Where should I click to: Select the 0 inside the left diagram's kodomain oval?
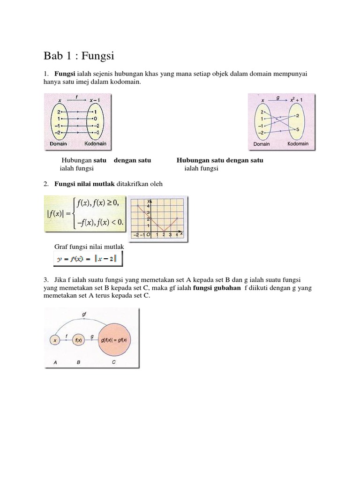click(x=96, y=119)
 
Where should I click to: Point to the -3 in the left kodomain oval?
click(x=96, y=133)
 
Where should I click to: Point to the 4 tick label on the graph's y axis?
click(x=148, y=206)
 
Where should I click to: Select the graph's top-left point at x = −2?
click(x=137, y=205)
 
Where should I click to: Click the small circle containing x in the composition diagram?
click(x=55, y=341)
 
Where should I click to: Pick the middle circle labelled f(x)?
click(x=78, y=341)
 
